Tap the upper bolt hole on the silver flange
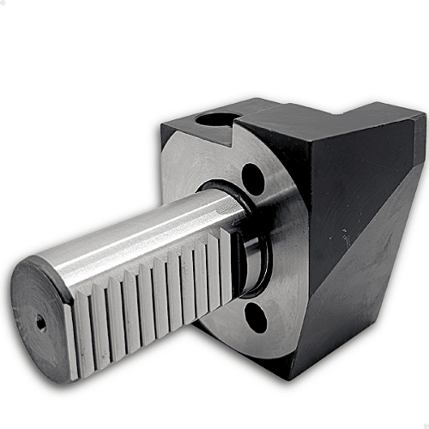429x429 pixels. tap(252, 178)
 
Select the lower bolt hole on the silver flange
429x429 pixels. tap(256, 318)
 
